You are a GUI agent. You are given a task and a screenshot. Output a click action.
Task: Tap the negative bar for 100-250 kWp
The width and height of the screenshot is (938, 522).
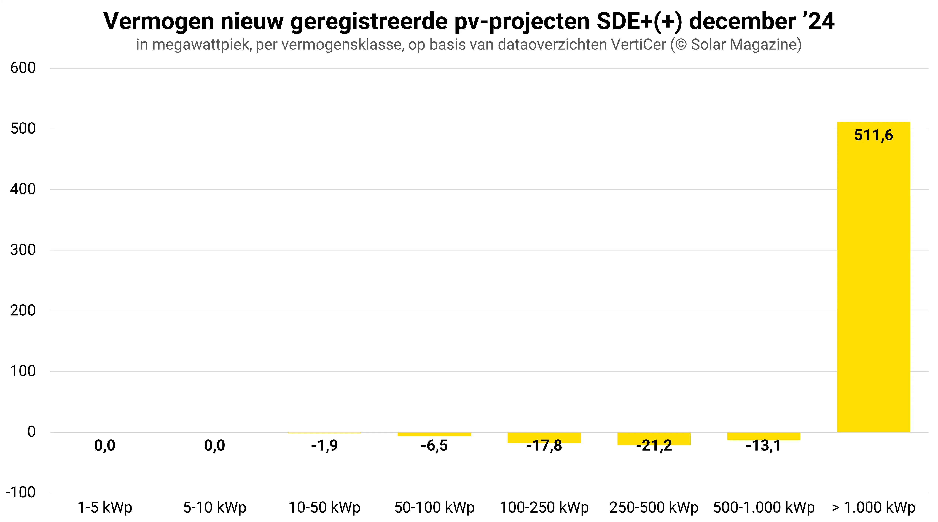pos(544,437)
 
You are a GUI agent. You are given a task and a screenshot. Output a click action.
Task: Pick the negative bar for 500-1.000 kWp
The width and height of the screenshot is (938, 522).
pos(764,436)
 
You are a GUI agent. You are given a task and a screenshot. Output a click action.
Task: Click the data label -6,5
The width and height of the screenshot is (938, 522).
pos(434,446)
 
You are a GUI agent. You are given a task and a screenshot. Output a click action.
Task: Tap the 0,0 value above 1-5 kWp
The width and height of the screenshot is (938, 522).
pos(105,446)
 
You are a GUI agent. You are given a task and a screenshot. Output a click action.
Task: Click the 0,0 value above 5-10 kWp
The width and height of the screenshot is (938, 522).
pos(214,446)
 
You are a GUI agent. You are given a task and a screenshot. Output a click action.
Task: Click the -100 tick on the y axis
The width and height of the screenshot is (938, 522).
pos(20,493)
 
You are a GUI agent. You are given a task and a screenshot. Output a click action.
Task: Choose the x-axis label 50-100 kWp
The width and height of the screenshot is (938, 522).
pos(434,507)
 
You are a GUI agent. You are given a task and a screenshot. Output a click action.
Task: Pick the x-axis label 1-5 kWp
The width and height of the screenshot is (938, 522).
pos(105,507)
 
